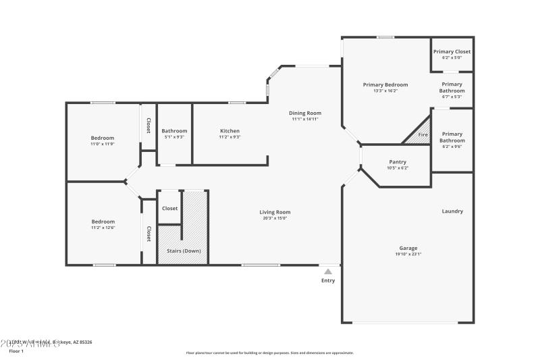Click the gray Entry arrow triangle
pos(328,272)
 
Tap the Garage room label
pos(408,248)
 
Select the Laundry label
pos(452,211)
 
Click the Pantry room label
pos(398,161)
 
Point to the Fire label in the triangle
pos(423,135)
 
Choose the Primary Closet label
pos(452,51)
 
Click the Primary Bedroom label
pos(385,84)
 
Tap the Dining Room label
pos(305,113)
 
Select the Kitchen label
pos(230,131)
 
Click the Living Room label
pos(275,212)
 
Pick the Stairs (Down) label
pos(183,251)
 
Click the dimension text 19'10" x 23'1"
pos(408,255)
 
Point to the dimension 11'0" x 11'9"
pos(103,144)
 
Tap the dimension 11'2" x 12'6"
pos(103,228)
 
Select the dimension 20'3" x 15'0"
pos(275,218)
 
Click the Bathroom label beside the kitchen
pos(174,131)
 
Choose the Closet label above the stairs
pos(170,208)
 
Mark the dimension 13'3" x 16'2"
pos(385,91)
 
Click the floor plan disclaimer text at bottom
pos(269,353)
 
